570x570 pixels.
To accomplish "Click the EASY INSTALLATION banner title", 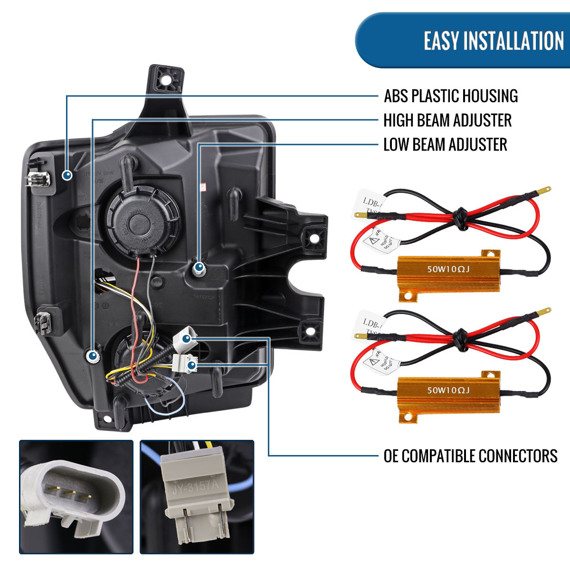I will (x=494, y=40).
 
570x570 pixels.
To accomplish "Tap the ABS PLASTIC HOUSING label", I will (x=450, y=96).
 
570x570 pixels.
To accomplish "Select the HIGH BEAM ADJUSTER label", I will (x=447, y=120).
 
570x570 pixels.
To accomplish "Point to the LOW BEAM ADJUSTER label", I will (x=445, y=144).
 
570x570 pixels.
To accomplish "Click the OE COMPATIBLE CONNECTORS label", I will (x=470, y=456).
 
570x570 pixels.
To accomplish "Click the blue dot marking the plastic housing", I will (x=67, y=175).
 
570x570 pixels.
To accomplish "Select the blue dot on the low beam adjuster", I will (x=199, y=267).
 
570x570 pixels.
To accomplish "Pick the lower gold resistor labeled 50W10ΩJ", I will (x=448, y=390).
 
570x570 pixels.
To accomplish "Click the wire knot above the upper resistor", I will (x=458, y=218).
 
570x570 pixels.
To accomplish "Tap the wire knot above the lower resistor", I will (x=458, y=338).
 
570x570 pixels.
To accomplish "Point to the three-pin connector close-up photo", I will (x=76, y=496).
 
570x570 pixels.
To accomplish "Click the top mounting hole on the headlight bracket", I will (x=165, y=79).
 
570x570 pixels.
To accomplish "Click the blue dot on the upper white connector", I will (x=186, y=338).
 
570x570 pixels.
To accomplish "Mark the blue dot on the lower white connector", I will (x=191, y=365).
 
